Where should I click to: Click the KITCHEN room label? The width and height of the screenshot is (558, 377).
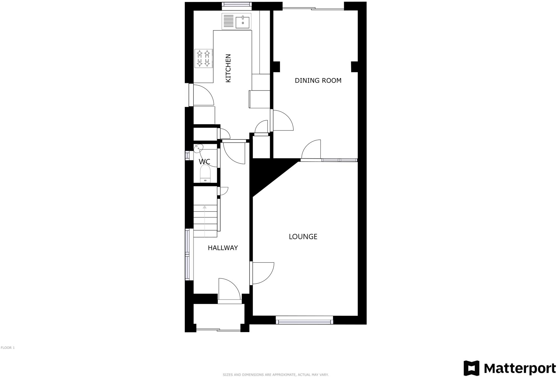pyautogui.click(x=228, y=68)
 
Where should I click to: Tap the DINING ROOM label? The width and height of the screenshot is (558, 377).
pyautogui.click(x=318, y=81)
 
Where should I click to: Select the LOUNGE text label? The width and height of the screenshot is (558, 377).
pyautogui.click(x=303, y=237)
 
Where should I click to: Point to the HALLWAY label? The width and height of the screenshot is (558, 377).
pyautogui.click(x=223, y=248)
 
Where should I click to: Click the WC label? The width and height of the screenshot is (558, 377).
pyautogui.click(x=204, y=162)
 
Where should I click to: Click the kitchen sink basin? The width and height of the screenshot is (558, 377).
pyautogui.click(x=243, y=22)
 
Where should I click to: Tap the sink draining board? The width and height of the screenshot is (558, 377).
pyautogui.click(x=228, y=21)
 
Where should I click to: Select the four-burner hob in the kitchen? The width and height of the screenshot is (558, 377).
pyautogui.click(x=203, y=58)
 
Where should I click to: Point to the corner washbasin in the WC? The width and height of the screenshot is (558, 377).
pyautogui.click(x=198, y=148)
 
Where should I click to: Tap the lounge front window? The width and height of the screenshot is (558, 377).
pyautogui.click(x=304, y=321)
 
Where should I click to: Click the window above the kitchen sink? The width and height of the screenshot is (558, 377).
pyautogui.click(x=237, y=4)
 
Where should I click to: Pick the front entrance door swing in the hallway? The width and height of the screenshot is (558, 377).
pyautogui.click(x=229, y=289)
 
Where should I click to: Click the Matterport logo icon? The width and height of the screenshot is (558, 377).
pyautogui.click(x=471, y=368)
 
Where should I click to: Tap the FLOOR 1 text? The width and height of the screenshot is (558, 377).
pyautogui.click(x=8, y=348)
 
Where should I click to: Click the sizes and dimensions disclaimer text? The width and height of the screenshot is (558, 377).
pyautogui.click(x=275, y=375)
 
